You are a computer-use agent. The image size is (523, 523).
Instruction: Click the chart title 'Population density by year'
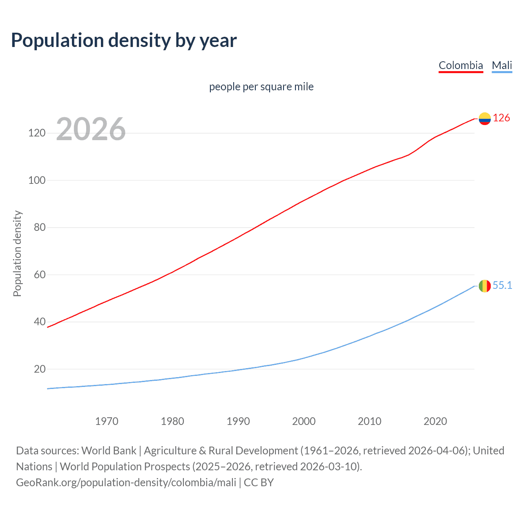124,40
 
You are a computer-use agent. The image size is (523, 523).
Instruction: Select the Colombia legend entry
460,65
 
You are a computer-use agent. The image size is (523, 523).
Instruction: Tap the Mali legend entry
502,65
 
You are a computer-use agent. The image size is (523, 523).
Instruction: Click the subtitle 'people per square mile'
261,87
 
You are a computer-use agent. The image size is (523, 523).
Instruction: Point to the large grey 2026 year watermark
91,129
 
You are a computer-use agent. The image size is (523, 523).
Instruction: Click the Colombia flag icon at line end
485,118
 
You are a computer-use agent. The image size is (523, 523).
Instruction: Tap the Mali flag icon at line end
485,286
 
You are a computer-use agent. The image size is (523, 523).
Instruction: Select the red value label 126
501,118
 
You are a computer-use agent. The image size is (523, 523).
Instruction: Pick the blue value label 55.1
502,285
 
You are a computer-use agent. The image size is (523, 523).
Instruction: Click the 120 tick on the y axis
37,133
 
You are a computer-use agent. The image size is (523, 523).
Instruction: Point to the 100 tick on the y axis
37,180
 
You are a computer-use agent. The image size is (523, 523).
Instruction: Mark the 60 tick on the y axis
40,275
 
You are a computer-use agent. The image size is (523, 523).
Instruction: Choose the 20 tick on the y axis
40,369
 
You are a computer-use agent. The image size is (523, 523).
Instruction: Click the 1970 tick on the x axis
107,421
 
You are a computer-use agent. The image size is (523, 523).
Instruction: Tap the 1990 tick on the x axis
238,421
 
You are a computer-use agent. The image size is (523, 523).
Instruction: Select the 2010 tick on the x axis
369,421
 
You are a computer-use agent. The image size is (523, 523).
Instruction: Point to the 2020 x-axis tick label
435,421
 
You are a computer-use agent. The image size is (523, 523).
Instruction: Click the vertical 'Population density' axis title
17,253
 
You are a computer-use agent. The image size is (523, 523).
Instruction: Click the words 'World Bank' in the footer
109,451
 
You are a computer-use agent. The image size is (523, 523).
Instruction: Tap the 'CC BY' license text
259,483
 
